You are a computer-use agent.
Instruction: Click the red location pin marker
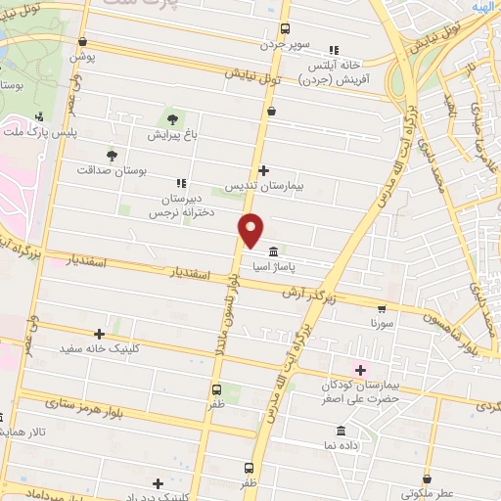[251, 229]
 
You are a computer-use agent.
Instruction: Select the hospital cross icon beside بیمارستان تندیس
[263, 170]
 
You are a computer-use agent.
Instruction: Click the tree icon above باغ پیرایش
[174, 119]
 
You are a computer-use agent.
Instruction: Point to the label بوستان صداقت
[113, 169]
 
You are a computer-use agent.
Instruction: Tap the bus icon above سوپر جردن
[285, 28]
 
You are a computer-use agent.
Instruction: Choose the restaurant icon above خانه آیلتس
[335, 50]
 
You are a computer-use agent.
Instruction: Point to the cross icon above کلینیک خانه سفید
[101, 335]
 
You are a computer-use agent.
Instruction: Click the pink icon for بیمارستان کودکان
[360, 370]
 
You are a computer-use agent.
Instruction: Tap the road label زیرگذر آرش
[309, 293]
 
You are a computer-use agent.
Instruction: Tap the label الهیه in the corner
[483, 6]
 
